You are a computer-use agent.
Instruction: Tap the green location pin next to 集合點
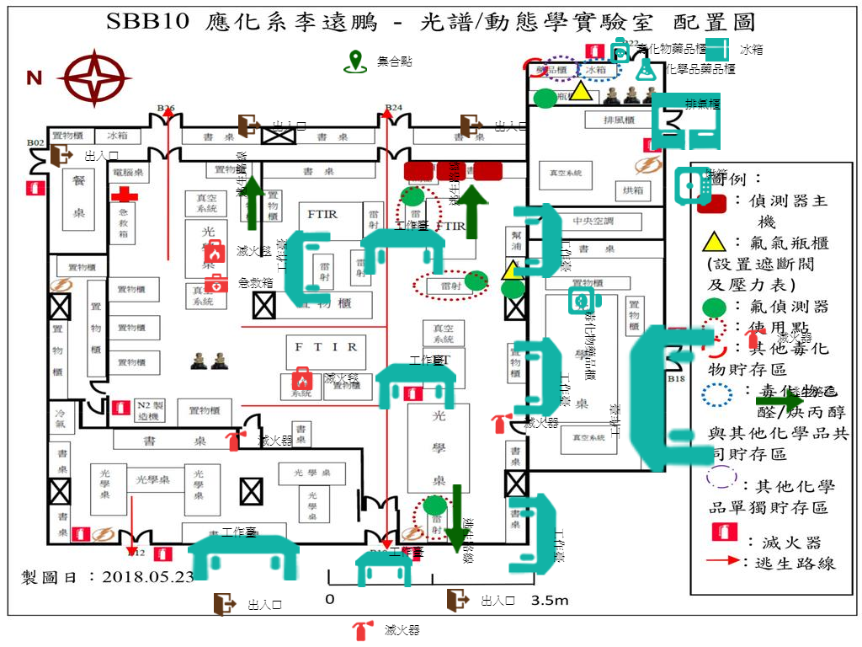point(357,61)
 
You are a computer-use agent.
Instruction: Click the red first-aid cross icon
point(125,195)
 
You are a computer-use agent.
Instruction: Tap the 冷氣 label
point(61,420)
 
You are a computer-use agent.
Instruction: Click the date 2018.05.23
point(147,577)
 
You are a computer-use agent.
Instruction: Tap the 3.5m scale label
point(550,601)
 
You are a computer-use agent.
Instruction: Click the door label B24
point(393,108)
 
